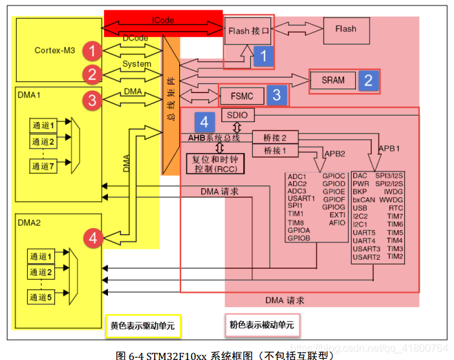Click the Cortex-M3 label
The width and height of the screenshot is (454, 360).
[x=55, y=50]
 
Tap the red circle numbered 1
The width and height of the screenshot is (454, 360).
[x=92, y=51]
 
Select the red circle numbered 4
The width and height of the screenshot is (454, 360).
[x=93, y=238]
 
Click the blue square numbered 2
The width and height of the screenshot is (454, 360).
[x=368, y=80]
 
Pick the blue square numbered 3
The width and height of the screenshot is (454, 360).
[x=277, y=95]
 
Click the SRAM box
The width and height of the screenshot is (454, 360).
[x=333, y=80]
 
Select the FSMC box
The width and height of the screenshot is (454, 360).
[x=242, y=96]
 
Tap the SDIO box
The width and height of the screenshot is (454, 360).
[x=238, y=115]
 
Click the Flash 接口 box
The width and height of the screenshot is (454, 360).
[x=248, y=31]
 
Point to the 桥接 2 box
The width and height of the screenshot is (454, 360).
[x=275, y=138]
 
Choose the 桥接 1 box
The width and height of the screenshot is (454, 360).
[x=275, y=151]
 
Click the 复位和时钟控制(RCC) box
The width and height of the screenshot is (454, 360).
[x=215, y=164]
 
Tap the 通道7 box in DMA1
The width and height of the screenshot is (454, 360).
[x=43, y=166]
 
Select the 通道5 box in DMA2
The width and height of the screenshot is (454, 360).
[x=41, y=297]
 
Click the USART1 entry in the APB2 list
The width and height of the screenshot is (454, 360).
[x=301, y=198]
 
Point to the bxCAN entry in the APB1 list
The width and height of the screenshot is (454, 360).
[x=363, y=200]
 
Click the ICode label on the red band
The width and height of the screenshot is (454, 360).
[x=163, y=20]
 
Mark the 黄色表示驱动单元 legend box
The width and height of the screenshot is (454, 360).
[x=143, y=326]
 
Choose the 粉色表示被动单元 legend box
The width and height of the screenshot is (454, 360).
[x=263, y=325]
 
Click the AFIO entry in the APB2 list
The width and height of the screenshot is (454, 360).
[x=337, y=223]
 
